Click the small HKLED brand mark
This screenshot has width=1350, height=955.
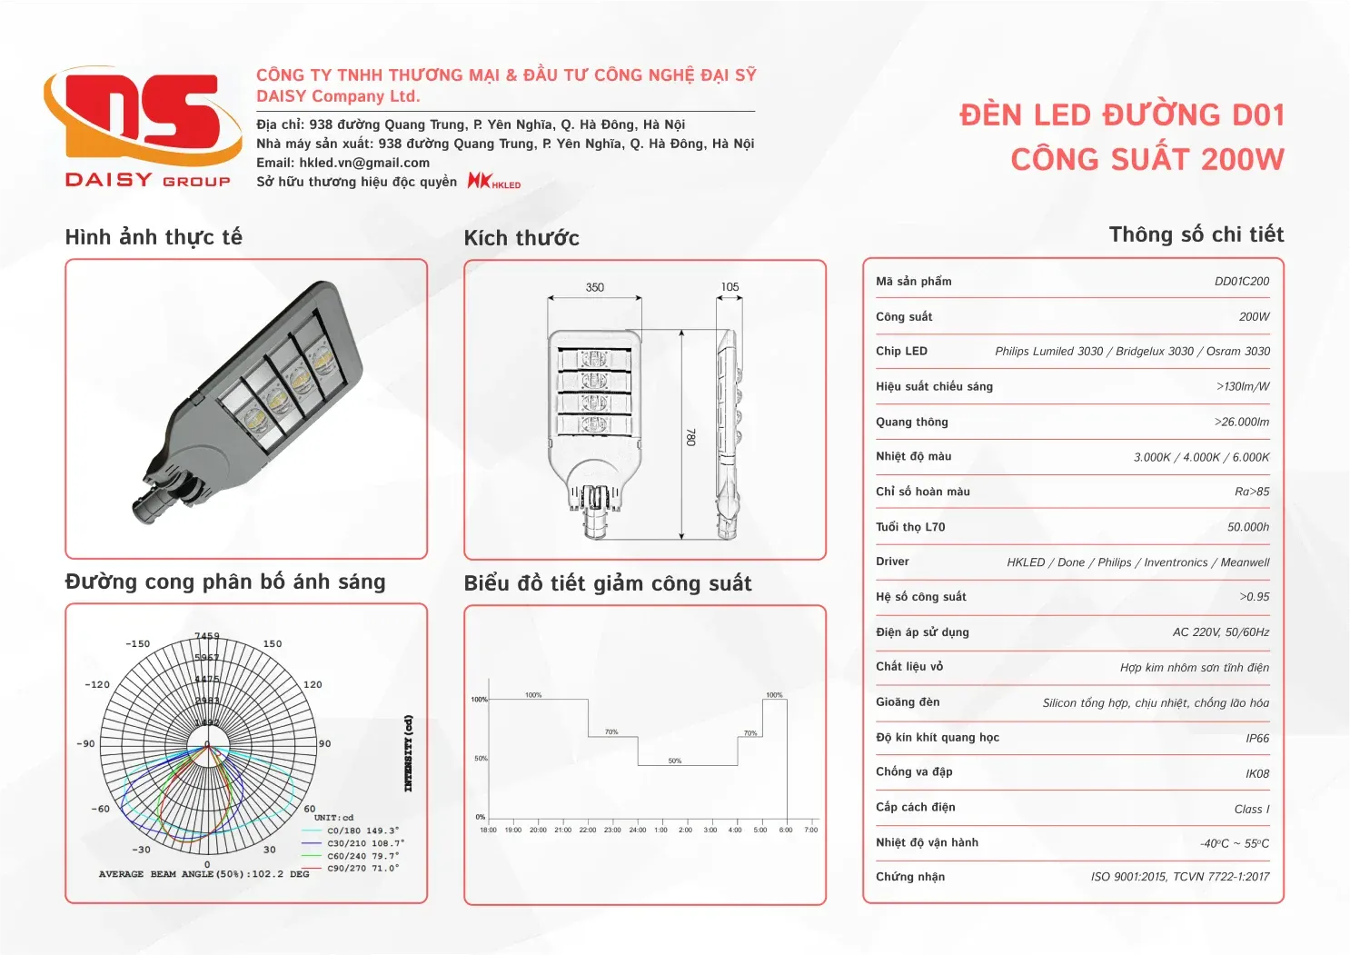tap(494, 181)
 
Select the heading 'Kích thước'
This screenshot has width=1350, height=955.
tap(521, 238)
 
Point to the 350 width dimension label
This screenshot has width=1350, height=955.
tap(595, 287)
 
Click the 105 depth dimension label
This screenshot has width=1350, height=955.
tap(730, 287)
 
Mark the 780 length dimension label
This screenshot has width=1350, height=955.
tap(690, 437)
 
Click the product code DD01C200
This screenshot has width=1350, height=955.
tap(1241, 282)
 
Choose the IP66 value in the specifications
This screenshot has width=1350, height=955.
tap(1257, 739)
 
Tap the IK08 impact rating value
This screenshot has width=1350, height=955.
tap(1257, 774)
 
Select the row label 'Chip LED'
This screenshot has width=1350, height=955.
tap(901, 352)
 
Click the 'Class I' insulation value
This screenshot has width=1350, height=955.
tap(1251, 810)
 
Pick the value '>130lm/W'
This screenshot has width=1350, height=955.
tap(1242, 387)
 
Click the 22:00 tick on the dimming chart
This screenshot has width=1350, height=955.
tap(588, 830)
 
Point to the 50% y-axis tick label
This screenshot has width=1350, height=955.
tap(481, 758)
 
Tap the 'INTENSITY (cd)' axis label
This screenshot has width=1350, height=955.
tap(408, 753)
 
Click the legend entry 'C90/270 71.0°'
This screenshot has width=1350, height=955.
tap(362, 869)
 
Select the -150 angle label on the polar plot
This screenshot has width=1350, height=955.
tap(138, 644)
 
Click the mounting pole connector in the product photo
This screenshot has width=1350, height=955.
tap(154, 502)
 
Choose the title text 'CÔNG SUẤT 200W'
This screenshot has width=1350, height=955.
tap(1147, 161)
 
